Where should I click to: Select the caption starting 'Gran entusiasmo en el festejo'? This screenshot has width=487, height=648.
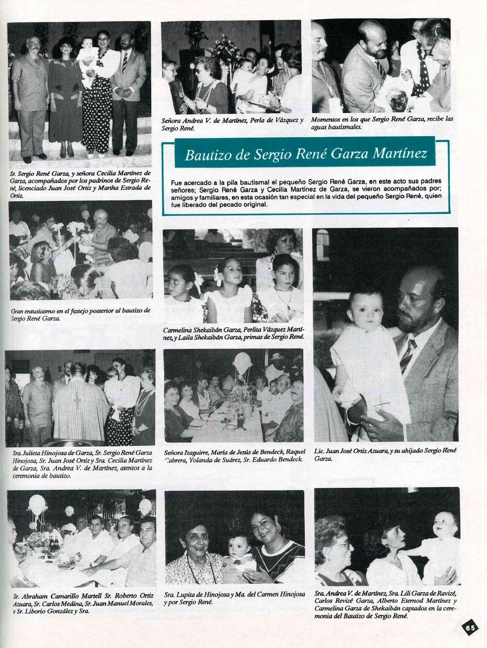point(81,314)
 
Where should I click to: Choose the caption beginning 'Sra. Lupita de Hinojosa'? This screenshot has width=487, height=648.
point(234,609)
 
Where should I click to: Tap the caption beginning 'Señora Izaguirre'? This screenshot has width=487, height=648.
point(234,457)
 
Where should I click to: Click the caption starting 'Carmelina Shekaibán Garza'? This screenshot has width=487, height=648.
point(234,333)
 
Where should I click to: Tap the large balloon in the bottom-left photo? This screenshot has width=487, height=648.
point(37,504)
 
